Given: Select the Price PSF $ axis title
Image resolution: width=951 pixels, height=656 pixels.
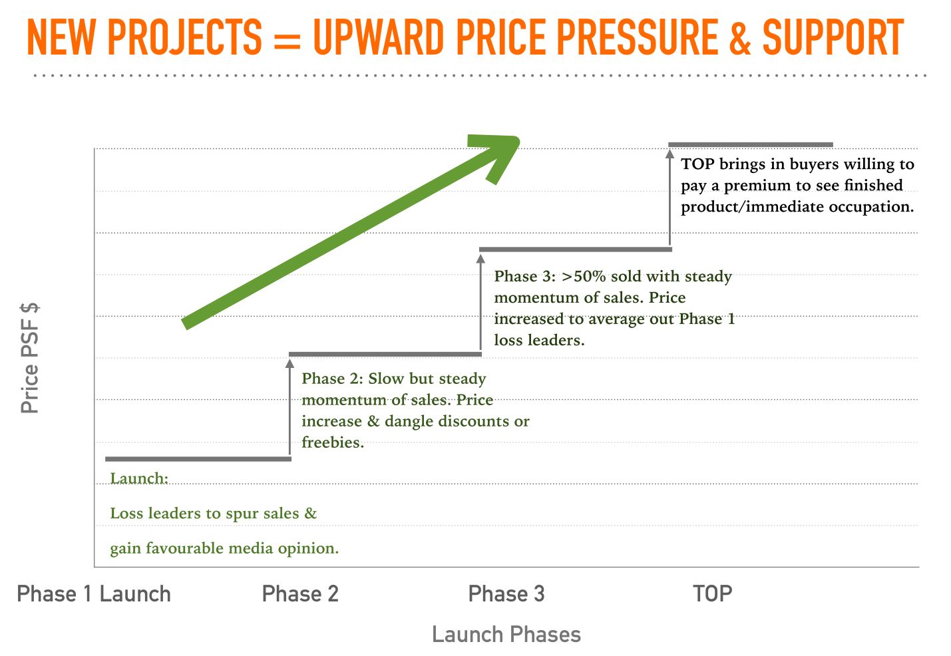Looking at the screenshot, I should pyautogui.click(x=30, y=358).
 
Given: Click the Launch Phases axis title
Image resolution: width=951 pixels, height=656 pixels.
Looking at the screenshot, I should pyautogui.click(x=506, y=634).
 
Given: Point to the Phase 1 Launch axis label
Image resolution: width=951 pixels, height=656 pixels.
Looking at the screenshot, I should pyautogui.click(x=94, y=593).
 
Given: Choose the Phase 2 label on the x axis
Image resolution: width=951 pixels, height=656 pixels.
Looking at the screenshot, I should pyautogui.click(x=300, y=593).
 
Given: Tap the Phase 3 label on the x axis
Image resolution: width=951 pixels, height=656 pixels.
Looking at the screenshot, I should pyautogui.click(x=506, y=593).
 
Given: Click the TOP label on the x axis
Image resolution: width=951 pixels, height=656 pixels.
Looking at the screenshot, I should pyautogui.click(x=712, y=593).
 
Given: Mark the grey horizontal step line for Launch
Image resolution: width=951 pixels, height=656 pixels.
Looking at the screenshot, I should pyautogui.click(x=198, y=458).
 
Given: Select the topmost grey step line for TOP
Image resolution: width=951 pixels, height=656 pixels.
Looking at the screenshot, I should pyautogui.click(x=750, y=144).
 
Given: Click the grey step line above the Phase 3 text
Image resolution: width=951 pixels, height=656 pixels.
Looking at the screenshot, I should pyautogui.click(x=575, y=249).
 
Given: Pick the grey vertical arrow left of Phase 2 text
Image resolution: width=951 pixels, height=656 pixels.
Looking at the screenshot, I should pyautogui.click(x=289, y=407).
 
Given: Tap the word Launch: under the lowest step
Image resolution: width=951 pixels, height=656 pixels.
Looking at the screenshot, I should pyautogui.click(x=139, y=478).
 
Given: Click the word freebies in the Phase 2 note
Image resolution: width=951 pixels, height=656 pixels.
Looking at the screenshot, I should pyautogui.click(x=332, y=442).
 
